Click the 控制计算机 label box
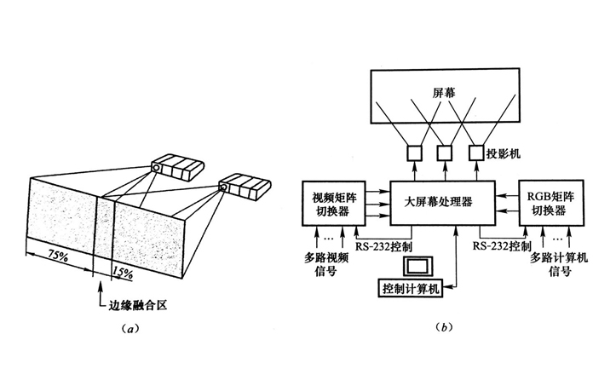(x=412, y=287)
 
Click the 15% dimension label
(x=123, y=274)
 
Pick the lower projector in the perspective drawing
(x=244, y=186)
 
